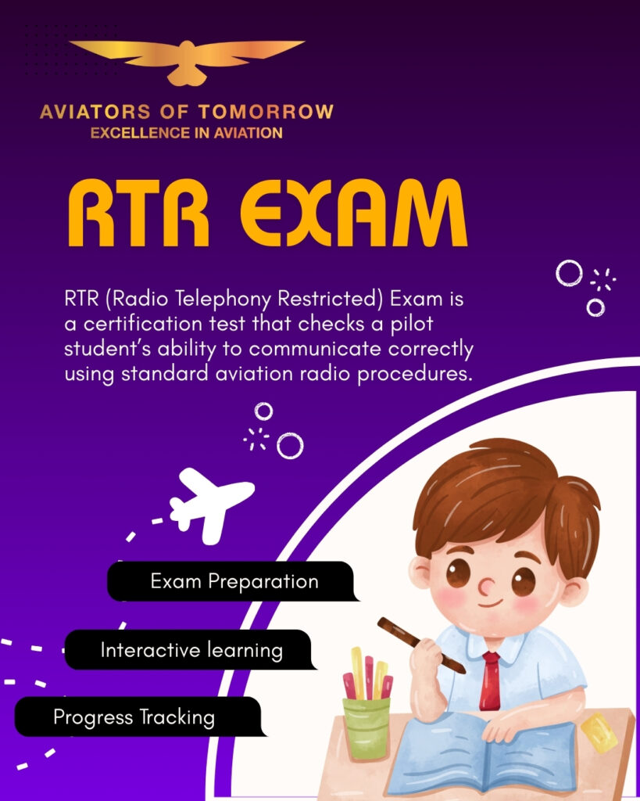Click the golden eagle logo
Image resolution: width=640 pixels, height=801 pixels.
coord(187,59)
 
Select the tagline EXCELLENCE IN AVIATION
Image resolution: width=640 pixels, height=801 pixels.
coord(186,133)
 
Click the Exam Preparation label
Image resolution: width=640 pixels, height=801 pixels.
coord(234,582)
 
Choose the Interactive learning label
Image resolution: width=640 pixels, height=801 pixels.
coord(191,650)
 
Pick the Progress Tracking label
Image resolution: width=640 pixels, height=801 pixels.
coord(134,717)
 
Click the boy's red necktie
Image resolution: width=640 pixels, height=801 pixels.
coord(491,680)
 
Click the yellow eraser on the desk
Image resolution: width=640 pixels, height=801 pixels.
coord(599,732)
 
